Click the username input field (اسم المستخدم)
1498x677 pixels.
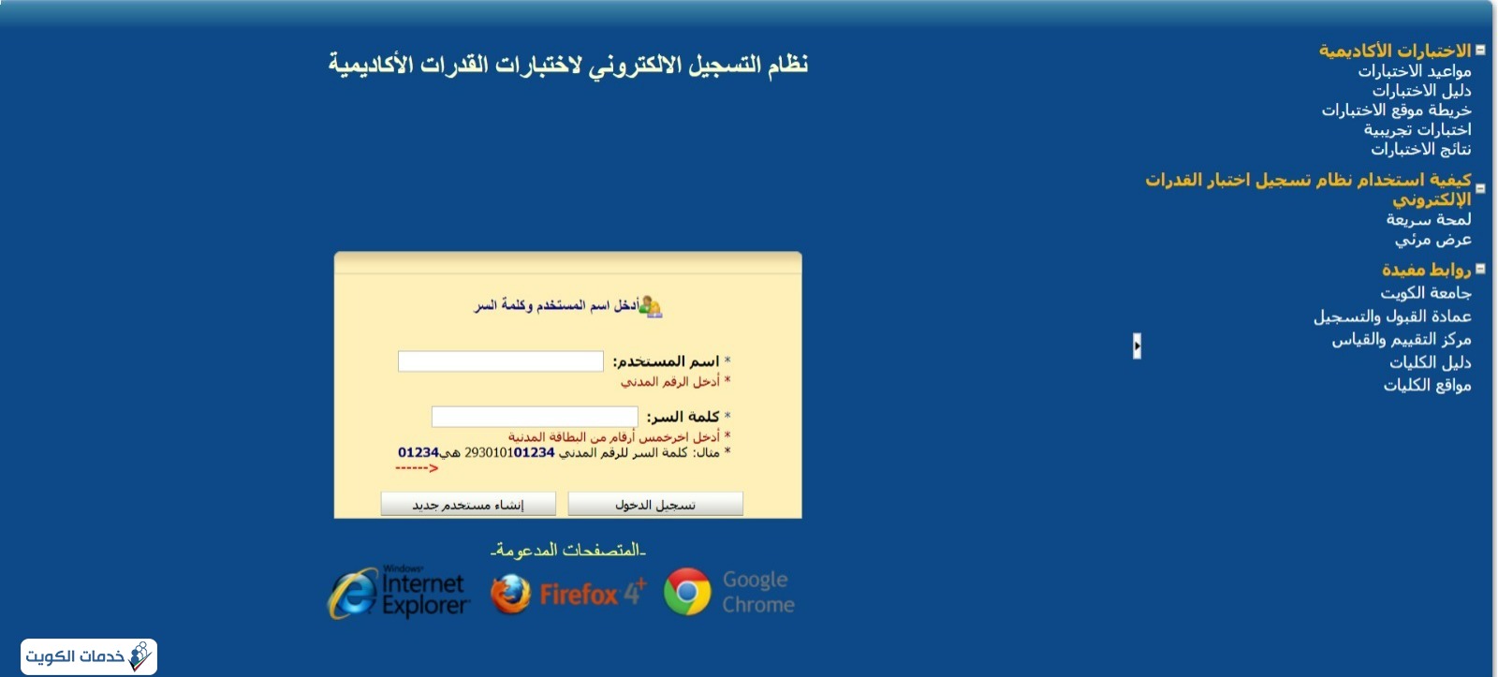point(500,361)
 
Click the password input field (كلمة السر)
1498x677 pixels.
point(535,416)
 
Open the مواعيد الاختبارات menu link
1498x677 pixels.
point(1415,71)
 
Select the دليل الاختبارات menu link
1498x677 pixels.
point(1422,90)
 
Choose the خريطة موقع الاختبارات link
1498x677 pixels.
point(1396,110)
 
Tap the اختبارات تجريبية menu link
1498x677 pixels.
point(1417,129)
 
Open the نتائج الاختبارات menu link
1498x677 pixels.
point(1421,149)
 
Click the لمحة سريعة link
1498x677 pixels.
point(1429,219)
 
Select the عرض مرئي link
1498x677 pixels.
point(1433,240)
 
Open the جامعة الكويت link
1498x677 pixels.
point(1426,293)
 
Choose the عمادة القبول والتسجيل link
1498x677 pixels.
point(1392,316)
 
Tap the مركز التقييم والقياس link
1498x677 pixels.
point(1402,340)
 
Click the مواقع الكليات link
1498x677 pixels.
point(1427,386)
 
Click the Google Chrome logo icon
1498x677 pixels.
point(687,592)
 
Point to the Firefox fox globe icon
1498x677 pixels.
point(510,594)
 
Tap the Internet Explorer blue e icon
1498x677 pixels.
point(352,593)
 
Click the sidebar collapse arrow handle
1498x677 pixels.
point(1137,346)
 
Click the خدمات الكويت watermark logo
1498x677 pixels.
point(89,656)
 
